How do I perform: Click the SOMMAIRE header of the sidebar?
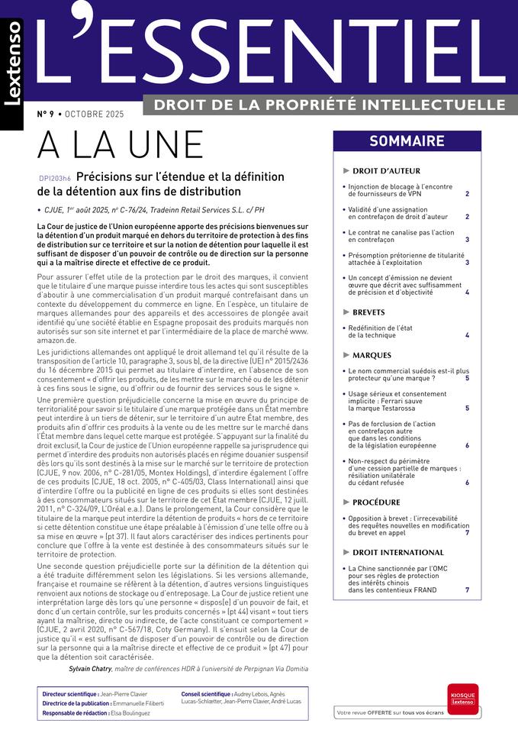pos(407,141)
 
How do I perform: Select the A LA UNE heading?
pos(121,145)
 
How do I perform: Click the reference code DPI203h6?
pos(54,178)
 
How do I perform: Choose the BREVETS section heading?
pos(368,312)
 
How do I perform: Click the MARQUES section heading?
pos(372,355)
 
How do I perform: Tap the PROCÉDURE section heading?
pos(376,502)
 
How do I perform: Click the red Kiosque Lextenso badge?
pos(462,699)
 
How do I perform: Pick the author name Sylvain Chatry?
pos(90,668)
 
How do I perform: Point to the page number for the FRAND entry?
pos(467,590)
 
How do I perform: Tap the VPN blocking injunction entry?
pos(400,190)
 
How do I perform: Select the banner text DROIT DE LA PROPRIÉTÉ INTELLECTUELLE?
pos(330,104)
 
